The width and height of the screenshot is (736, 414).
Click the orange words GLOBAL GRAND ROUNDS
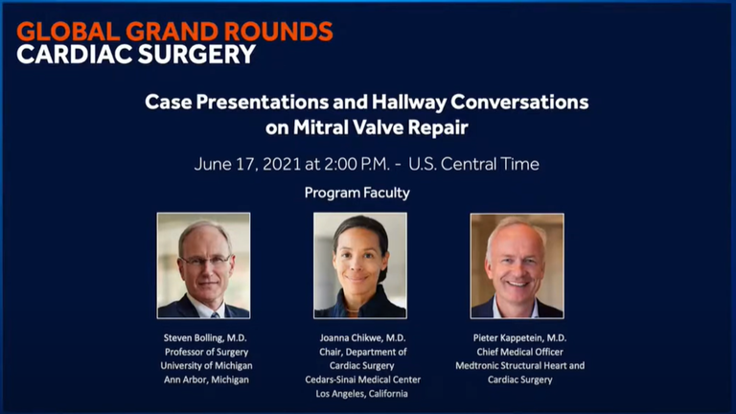pyautogui.click(x=174, y=32)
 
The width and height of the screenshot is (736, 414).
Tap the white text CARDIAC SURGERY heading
pyautogui.click(x=136, y=54)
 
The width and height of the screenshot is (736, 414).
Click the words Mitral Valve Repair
pyautogui.click(x=380, y=127)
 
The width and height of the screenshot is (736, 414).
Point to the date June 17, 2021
pyautogui.click(x=247, y=164)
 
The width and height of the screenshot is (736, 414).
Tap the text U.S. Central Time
pyautogui.click(x=473, y=164)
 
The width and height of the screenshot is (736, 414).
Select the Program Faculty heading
pyautogui.click(x=357, y=193)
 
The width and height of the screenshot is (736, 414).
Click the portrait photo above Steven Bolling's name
pyautogui.click(x=204, y=265)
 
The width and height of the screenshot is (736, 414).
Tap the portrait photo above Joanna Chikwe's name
pyautogui.click(x=360, y=265)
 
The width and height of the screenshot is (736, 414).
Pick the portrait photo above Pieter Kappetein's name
pyautogui.click(x=517, y=265)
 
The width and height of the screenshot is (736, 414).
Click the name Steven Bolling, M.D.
pyautogui.click(x=205, y=338)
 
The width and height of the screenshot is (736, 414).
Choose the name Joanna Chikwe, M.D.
pyautogui.click(x=362, y=338)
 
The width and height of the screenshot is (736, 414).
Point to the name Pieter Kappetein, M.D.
pyautogui.click(x=519, y=338)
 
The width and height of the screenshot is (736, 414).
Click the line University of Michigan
pyautogui.click(x=207, y=366)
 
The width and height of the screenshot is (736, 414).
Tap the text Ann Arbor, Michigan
pyautogui.click(x=206, y=379)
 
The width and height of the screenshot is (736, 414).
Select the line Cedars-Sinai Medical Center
pyautogui.click(x=363, y=379)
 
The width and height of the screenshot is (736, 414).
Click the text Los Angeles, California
pyautogui.click(x=361, y=394)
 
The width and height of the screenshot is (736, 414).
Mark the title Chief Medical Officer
pyautogui.click(x=519, y=352)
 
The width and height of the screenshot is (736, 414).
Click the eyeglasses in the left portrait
pyautogui.click(x=206, y=261)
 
